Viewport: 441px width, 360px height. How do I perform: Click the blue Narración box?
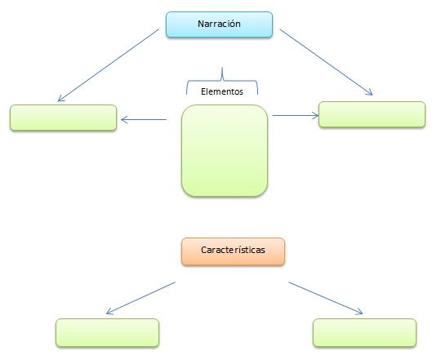[219, 24]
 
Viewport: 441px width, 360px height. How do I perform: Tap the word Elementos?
[222, 91]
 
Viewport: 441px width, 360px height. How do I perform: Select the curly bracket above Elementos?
[222, 81]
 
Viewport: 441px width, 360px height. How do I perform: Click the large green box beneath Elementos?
[225, 150]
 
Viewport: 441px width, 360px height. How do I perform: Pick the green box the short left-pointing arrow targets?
[63, 118]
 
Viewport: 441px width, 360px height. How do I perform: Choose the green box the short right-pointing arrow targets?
[372, 114]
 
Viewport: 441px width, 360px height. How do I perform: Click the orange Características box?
[233, 251]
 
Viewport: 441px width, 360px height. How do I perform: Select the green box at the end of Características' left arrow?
[107, 332]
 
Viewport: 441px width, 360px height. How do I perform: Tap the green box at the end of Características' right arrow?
[364, 332]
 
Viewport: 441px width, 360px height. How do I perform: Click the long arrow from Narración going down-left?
[109, 65]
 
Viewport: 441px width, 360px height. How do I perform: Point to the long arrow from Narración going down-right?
[326, 62]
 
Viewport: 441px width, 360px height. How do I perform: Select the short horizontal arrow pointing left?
[144, 119]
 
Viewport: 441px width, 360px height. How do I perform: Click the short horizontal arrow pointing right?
[296, 115]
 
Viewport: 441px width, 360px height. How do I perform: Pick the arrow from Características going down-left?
[140, 298]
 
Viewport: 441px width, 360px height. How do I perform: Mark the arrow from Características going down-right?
[326, 298]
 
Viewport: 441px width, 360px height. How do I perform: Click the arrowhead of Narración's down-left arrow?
[61, 98]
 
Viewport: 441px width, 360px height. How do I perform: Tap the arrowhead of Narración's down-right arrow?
[369, 92]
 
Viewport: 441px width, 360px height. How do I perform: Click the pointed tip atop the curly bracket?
[222, 68]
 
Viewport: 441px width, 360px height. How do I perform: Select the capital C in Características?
[203, 250]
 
